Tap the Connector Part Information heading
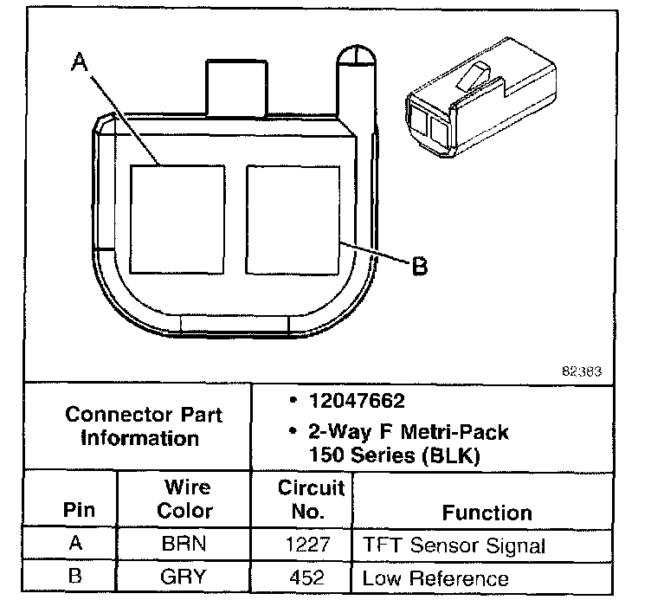[144, 426]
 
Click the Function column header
[487, 512]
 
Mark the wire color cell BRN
[184, 546]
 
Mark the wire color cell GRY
[184, 578]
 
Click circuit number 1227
[310, 546]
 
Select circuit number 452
[310, 578]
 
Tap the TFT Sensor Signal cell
[454, 546]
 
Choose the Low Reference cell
[435, 578]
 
